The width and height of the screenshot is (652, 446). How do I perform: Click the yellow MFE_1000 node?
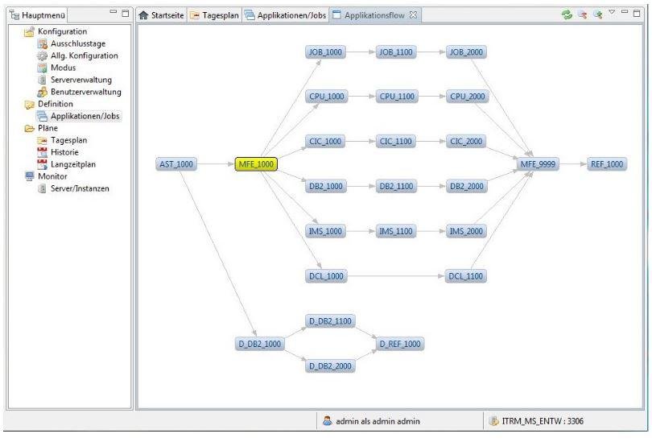tap(256, 164)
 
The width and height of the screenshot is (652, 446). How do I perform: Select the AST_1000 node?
tap(176, 164)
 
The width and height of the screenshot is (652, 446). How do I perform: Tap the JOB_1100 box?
tap(396, 52)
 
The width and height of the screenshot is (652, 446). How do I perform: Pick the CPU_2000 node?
tap(468, 97)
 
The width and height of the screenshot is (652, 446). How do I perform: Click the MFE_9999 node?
tap(538, 164)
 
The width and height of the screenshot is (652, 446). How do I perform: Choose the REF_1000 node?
tap(607, 164)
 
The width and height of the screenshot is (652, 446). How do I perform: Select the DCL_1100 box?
tap(465, 276)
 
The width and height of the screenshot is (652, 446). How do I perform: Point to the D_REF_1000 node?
tap(400, 344)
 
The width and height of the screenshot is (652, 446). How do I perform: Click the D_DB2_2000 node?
tap(330, 365)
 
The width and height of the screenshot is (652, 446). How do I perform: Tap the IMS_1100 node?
tap(396, 231)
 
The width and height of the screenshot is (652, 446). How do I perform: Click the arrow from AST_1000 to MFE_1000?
tap(216, 164)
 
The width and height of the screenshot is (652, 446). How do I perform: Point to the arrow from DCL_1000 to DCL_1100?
tap(395, 276)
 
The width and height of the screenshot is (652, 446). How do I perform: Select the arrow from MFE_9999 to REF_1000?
tap(572, 164)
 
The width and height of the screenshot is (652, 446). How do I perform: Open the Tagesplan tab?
tap(216, 15)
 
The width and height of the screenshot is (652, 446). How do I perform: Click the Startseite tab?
tap(161, 15)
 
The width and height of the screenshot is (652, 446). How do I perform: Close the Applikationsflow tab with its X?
tap(413, 15)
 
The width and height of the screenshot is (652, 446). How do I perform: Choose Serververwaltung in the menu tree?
tap(81, 80)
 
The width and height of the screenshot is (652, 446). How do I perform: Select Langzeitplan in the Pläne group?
tap(73, 164)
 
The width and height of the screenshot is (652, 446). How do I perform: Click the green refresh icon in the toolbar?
tap(567, 14)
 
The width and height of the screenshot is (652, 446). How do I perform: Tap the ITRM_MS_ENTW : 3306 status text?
tap(543, 421)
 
